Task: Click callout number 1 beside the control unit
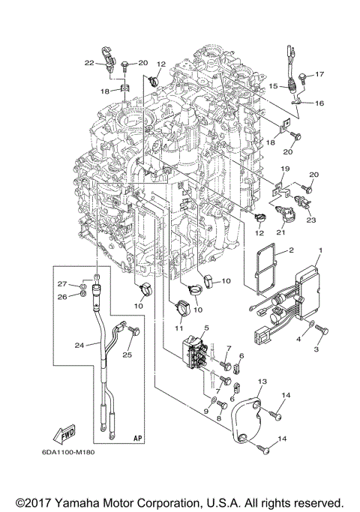pyautogui.click(x=320, y=250)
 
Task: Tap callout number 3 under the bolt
pyautogui.click(x=316, y=349)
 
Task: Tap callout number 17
pyautogui.click(x=319, y=74)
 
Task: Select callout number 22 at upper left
pyautogui.click(x=88, y=62)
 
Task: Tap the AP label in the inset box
pyautogui.click(x=137, y=436)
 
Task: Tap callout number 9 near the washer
pyautogui.click(x=205, y=411)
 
